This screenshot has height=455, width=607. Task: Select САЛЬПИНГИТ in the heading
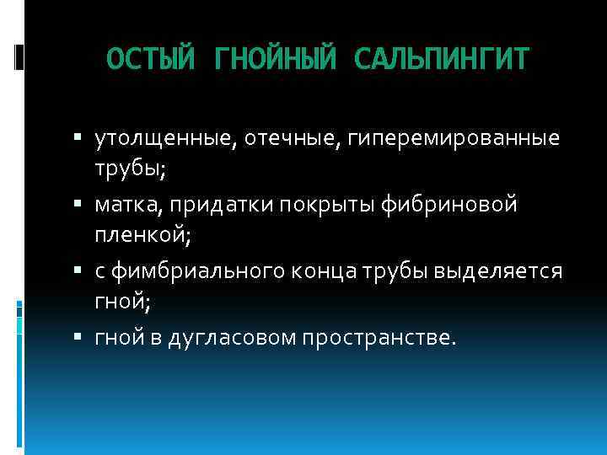tap(443, 60)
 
